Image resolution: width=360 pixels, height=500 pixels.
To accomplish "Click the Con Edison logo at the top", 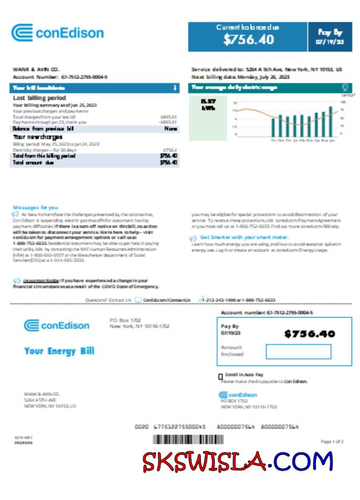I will [57, 33].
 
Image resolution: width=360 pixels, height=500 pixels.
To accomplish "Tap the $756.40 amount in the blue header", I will [249, 39].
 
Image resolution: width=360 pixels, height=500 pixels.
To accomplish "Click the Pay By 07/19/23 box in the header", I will [330, 37].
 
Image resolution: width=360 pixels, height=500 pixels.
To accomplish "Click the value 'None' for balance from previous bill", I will [171, 128].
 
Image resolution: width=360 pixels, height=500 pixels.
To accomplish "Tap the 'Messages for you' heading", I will [35, 208].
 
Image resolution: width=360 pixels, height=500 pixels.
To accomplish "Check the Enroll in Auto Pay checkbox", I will [220, 376].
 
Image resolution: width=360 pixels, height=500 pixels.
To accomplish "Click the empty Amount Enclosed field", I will [291, 351].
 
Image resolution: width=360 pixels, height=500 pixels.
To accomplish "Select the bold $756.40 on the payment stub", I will [309, 334].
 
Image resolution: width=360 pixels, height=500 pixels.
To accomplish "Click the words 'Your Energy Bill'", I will [59, 351].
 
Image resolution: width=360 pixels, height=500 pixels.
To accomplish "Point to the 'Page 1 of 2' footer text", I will [332, 441].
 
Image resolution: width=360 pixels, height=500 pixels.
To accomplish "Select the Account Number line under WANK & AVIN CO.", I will [60, 76].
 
